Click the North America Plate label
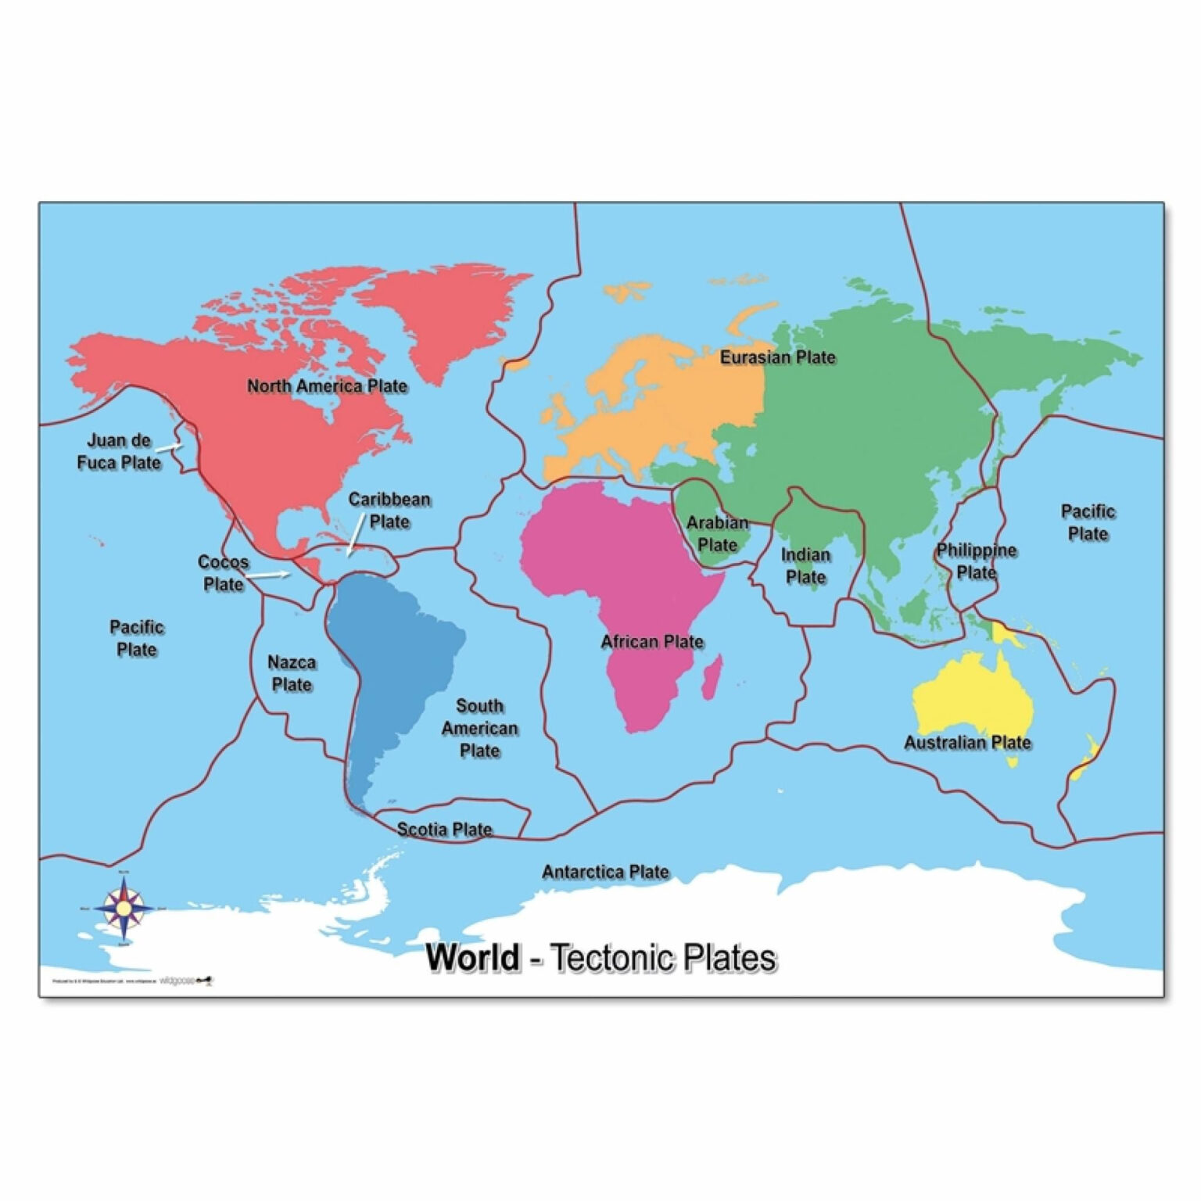pyautogui.click(x=327, y=385)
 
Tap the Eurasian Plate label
pyautogui.click(x=777, y=357)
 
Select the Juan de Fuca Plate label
pyautogui.click(x=119, y=451)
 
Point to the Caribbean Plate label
pyautogui.click(x=389, y=510)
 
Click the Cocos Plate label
pyautogui.click(x=223, y=572)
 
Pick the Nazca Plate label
pyautogui.click(x=292, y=673)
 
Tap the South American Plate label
pyautogui.click(x=479, y=728)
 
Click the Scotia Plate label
pyautogui.click(x=444, y=829)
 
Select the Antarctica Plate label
pyautogui.click(x=605, y=871)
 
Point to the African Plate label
pyautogui.click(x=651, y=642)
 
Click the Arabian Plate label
pyautogui.click(x=717, y=533)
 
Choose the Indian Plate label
pyautogui.click(x=805, y=565)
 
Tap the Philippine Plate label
pyautogui.click(x=977, y=561)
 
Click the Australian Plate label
pyautogui.click(x=967, y=742)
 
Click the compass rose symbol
pyautogui.click(x=124, y=908)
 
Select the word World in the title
pyautogui.click(x=473, y=957)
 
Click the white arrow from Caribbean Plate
pyautogui.click(x=354, y=539)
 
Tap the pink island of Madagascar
pyautogui.click(x=712, y=676)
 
